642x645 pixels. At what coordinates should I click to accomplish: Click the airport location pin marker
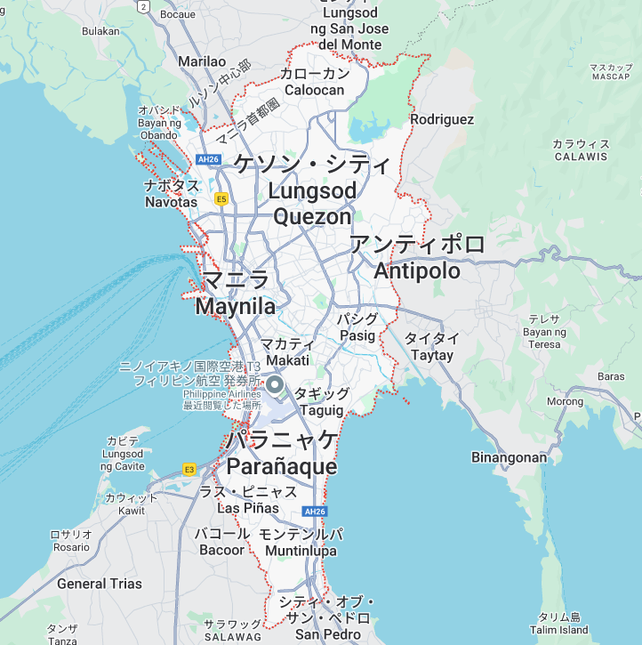point(275,385)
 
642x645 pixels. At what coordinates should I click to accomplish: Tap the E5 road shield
point(221,198)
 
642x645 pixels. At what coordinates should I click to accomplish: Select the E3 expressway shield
point(189,468)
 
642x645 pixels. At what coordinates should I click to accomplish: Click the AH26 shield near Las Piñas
point(315,512)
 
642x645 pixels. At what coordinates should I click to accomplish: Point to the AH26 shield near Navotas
point(208,159)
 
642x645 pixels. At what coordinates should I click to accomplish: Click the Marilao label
point(202,61)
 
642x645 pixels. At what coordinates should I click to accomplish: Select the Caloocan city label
point(314,90)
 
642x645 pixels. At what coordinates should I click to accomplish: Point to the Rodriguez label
point(442,119)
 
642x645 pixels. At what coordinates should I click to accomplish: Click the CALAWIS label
point(581,157)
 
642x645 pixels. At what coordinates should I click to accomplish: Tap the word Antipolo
point(417,270)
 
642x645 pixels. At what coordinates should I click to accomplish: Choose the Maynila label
point(235,307)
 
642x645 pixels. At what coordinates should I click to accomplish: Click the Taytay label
point(432,355)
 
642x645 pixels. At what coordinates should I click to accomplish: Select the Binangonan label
point(509,458)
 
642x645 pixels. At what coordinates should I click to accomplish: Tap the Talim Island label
point(560,630)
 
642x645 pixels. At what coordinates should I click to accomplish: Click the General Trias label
point(100,584)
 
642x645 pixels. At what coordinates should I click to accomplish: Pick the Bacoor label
point(222,550)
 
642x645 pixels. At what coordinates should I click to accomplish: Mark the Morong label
point(564,401)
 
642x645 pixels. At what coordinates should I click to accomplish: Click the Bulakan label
point(100,31)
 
